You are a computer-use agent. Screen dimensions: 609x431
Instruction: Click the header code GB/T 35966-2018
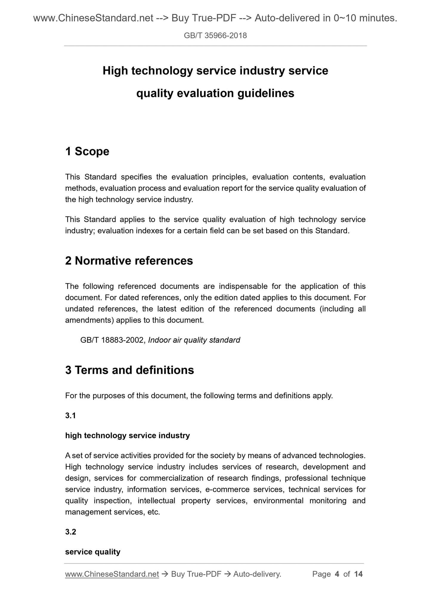[215, 36]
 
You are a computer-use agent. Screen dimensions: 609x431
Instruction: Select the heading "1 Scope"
[87, 151]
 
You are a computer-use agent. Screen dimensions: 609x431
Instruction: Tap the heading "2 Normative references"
[129, 261]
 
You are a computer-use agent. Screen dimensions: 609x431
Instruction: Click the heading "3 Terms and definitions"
[129, 370]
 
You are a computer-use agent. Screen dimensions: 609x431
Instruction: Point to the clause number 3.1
[70, 416]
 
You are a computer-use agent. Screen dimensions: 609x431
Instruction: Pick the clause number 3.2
[70, 532]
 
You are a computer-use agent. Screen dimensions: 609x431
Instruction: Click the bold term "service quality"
[92, 552]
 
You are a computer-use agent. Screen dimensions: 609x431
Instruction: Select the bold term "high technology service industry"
[127, 436]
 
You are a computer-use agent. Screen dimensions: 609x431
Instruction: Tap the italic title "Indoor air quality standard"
[194, 340]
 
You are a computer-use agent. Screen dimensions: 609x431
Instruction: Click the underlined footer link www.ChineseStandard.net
[112, 574]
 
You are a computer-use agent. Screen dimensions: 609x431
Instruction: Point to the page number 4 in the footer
[337, 574]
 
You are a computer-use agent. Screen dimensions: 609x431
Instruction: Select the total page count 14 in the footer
[358, 574]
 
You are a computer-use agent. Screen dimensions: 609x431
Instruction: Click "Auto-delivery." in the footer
[257, 574]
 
